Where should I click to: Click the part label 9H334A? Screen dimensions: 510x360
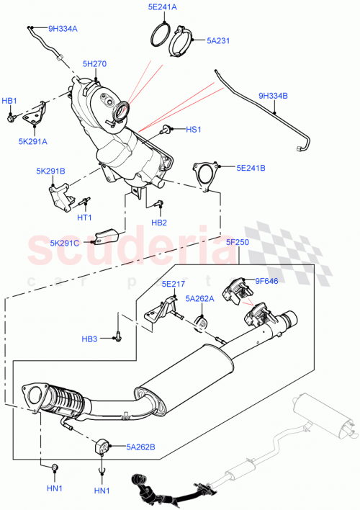tap(63, 29)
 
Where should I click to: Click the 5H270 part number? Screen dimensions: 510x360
tap(94, 64)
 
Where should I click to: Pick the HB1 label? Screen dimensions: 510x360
tap(9, 101)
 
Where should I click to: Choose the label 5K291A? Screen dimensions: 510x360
tap(33, 141)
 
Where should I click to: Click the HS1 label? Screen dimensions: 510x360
tap(193, 130)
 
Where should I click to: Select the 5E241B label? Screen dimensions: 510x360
tap(251, 168)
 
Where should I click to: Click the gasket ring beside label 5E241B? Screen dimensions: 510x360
tap(205, 178)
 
